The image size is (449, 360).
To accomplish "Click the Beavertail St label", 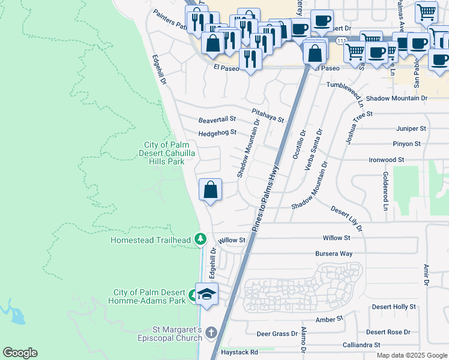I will [x=217, y=120].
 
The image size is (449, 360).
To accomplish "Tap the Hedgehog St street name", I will [x=217, y=133].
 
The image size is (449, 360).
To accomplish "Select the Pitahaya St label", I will [x=268, y=115].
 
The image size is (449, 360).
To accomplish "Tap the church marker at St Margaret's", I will [x=211, y=332].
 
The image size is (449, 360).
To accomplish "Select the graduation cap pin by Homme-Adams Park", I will [x=206, y=294].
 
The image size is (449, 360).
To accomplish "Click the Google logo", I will [x=20, y=353].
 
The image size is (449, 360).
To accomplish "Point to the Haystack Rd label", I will [x=239, y=352].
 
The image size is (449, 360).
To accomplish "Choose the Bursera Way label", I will [x=334, y=254].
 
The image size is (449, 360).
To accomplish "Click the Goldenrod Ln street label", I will [x=384, y=191].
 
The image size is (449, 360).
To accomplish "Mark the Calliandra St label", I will [x=360, y=345].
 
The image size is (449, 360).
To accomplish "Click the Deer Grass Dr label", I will [x=277, y=334].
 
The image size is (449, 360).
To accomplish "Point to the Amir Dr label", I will [x=427, y=274].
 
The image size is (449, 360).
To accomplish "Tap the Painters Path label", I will [x=170, y=20].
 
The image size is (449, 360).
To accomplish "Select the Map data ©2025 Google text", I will [x=412, y=355].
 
